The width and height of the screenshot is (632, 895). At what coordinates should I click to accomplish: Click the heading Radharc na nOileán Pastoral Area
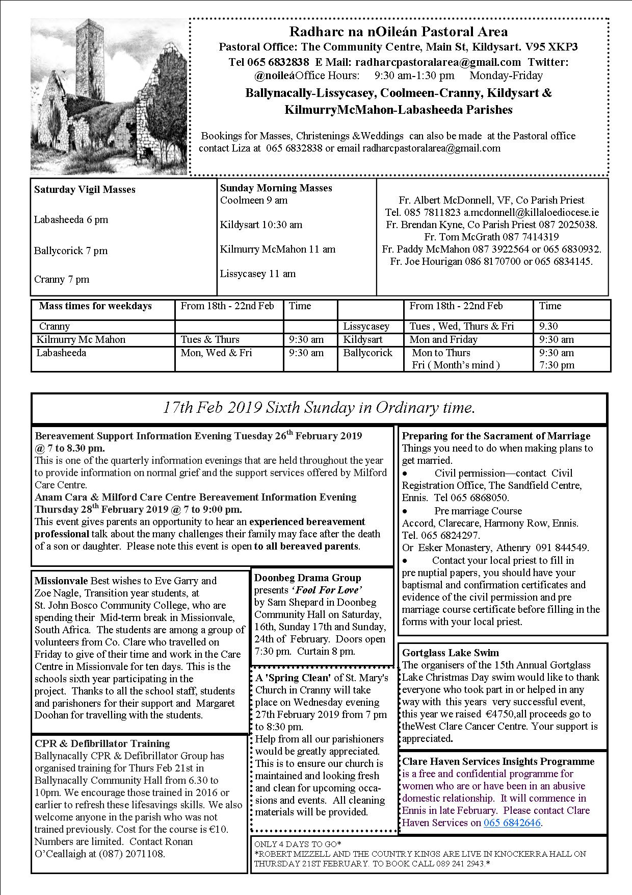click(x=398, y=32)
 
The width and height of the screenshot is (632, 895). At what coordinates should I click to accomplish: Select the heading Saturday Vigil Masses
click(x=85, y=190)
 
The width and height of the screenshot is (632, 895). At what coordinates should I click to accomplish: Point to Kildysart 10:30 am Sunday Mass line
click(x=261, y=225)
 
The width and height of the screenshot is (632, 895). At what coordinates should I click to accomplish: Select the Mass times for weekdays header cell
click(x=95, y=306)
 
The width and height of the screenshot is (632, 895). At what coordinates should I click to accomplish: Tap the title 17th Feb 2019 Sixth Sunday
click(x=319, y=408)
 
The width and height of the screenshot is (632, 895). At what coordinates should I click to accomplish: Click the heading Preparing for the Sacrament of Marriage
click(x=496, y=436)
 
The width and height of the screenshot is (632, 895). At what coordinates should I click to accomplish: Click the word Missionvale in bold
click(x=61, y=581)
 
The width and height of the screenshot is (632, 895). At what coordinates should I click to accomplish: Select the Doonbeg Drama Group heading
click(x=307, y=578)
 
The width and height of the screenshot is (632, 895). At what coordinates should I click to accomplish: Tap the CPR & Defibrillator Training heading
click(x=102, y=744)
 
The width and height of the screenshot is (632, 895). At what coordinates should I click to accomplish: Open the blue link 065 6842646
click(x=512, y=823)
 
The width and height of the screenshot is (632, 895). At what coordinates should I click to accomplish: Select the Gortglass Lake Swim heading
click(x=450, y=653)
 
